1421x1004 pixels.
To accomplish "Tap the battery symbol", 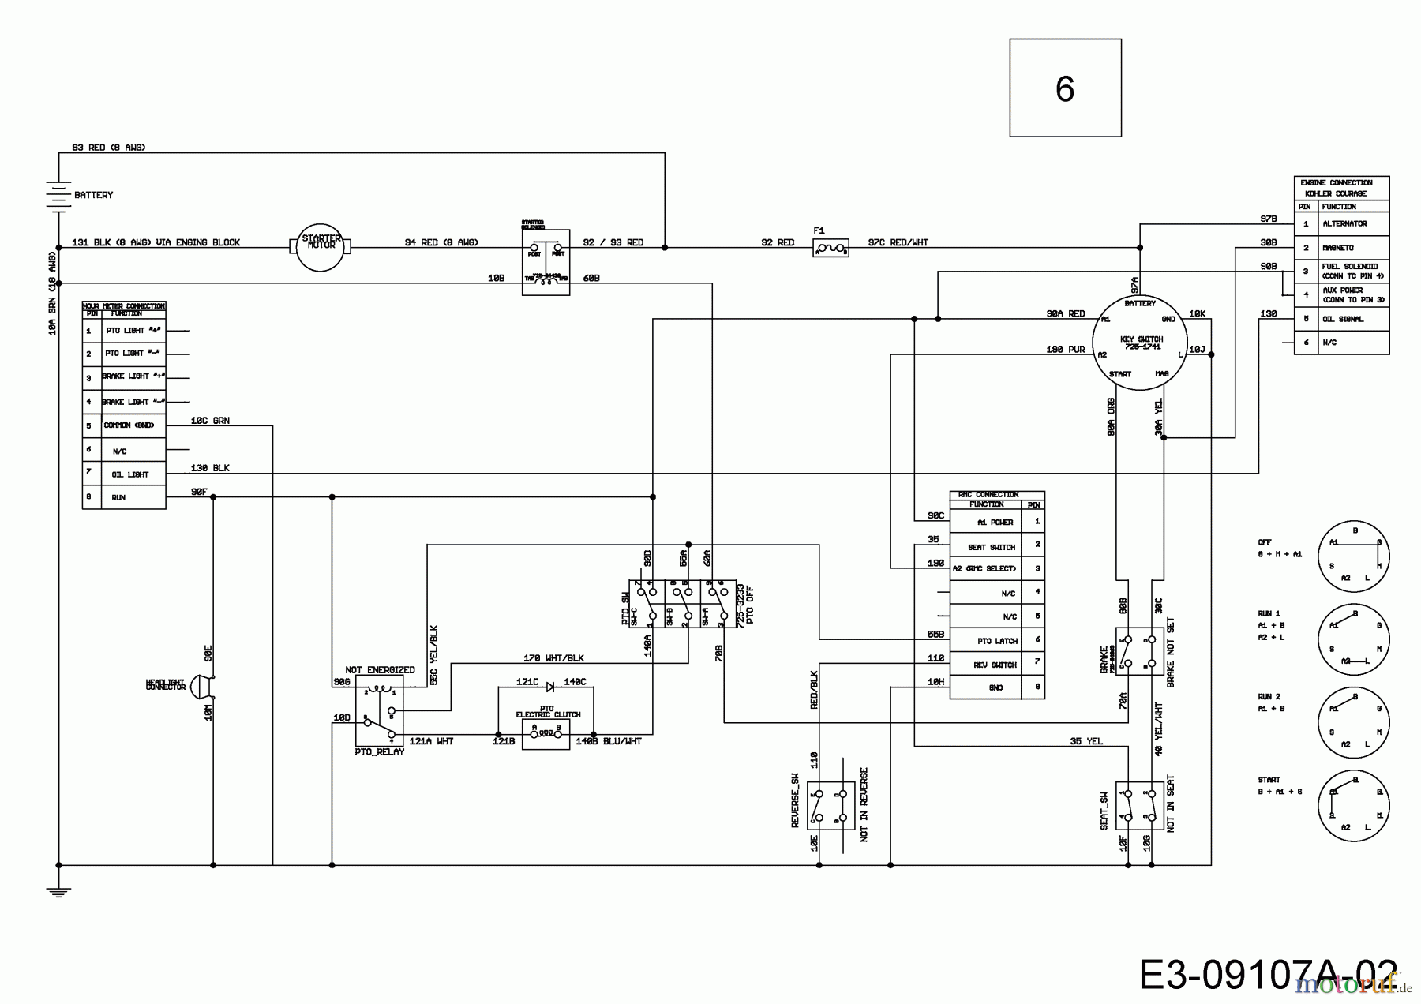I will pyautogui.click(x=58, y=195).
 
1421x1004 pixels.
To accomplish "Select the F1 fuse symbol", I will pyautogui.click(x=830, y=249).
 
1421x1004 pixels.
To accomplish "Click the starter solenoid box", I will pyautogui.click(x=546, y=257).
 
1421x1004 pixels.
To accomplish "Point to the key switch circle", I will pyautogui.click(x=1140, y=342).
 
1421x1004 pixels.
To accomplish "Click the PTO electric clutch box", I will pyautogui.click(x=546, y=734).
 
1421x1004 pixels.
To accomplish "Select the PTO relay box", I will pyautogui.click(x=379, y=711).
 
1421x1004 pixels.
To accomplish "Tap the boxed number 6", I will pyautogui.click(x=1065, y=88).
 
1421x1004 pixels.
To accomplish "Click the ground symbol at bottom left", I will pyautogui.click(x=58, y=890).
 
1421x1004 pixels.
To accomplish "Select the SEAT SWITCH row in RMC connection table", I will pyautogui.click(x=992, y=546).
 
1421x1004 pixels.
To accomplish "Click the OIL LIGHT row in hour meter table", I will pyautogui.click(x=129, y=474).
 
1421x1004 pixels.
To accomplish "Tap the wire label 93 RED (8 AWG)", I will pyautogui.click(x=109, y=148).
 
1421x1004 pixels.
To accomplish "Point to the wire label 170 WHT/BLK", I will pyautogui.click(x=553, y=658).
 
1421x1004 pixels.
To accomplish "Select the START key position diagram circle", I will pyautogui.click(x=1353, y=806).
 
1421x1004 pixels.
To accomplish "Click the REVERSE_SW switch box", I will pyautogui.click(x=830, y=806).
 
